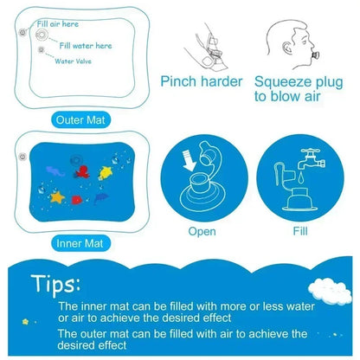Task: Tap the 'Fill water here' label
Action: point(86,45)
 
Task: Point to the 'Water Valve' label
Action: point(76,61)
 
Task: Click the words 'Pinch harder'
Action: point(202,82)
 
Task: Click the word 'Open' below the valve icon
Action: point(202,232)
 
